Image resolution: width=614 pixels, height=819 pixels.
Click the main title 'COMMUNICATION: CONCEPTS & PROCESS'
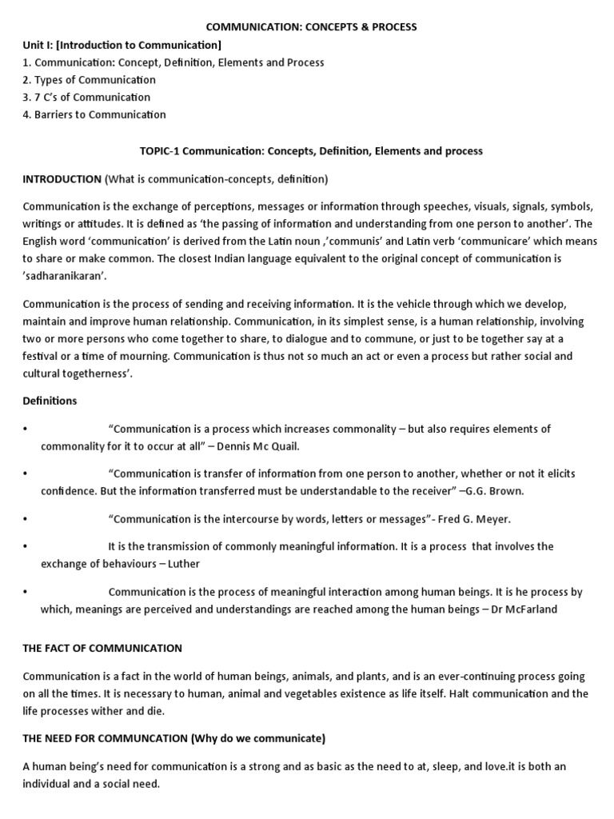pyautogui.click(x=312, y=27)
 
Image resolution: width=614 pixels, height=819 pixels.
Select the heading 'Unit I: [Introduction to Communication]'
pyautogui.click(x=122, y=45)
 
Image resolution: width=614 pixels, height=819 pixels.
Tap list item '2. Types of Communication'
pyautogui.click(x=89, y=80)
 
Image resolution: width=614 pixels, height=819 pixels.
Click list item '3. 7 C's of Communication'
pyautogui.click(x=86, y=98)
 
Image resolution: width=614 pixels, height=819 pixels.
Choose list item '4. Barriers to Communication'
pyautogui.click(x=94, y=114)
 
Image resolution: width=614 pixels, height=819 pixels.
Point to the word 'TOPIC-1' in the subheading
pyautogui.click(x=162, y=150)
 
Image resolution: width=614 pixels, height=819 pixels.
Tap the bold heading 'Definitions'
pyautogui.click(x=50, y=400)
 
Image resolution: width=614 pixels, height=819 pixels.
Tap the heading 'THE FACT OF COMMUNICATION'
pyautogui.click(x=102, y=648)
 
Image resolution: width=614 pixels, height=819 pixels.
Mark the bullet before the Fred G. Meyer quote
pyautogui.click(x=26, y=519)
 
